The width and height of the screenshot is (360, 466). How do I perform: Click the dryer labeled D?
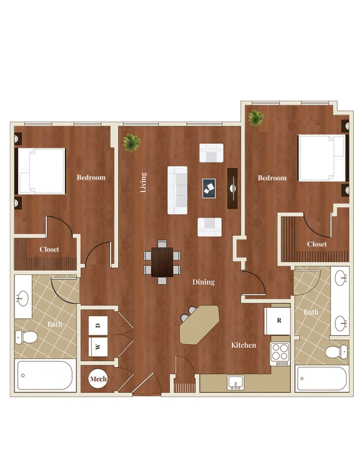(98, 325)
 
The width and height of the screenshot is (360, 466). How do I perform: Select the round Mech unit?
(98, 379)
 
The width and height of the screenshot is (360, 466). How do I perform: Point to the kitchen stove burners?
(279, 352)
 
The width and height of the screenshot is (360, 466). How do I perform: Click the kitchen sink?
(236, 382)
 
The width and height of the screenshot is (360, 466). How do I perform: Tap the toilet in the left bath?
(27, 337)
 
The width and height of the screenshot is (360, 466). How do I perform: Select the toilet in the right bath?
(336, 352)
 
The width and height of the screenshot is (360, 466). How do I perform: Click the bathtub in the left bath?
(45, 375)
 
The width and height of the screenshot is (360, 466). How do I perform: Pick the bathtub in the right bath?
(322, 378)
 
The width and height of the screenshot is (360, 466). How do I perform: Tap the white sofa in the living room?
(177, 190)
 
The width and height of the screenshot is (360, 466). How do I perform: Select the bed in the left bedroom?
(41, 171)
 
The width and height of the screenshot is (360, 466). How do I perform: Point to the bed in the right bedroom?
(321, 158)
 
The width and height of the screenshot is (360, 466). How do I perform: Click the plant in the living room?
(131, 143)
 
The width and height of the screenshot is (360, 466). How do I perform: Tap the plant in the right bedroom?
(255, 117)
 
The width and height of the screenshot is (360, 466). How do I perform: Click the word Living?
(144, 182)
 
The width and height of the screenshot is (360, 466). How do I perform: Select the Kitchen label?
(243, 345)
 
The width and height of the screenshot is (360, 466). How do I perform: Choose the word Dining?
(204, 282)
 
